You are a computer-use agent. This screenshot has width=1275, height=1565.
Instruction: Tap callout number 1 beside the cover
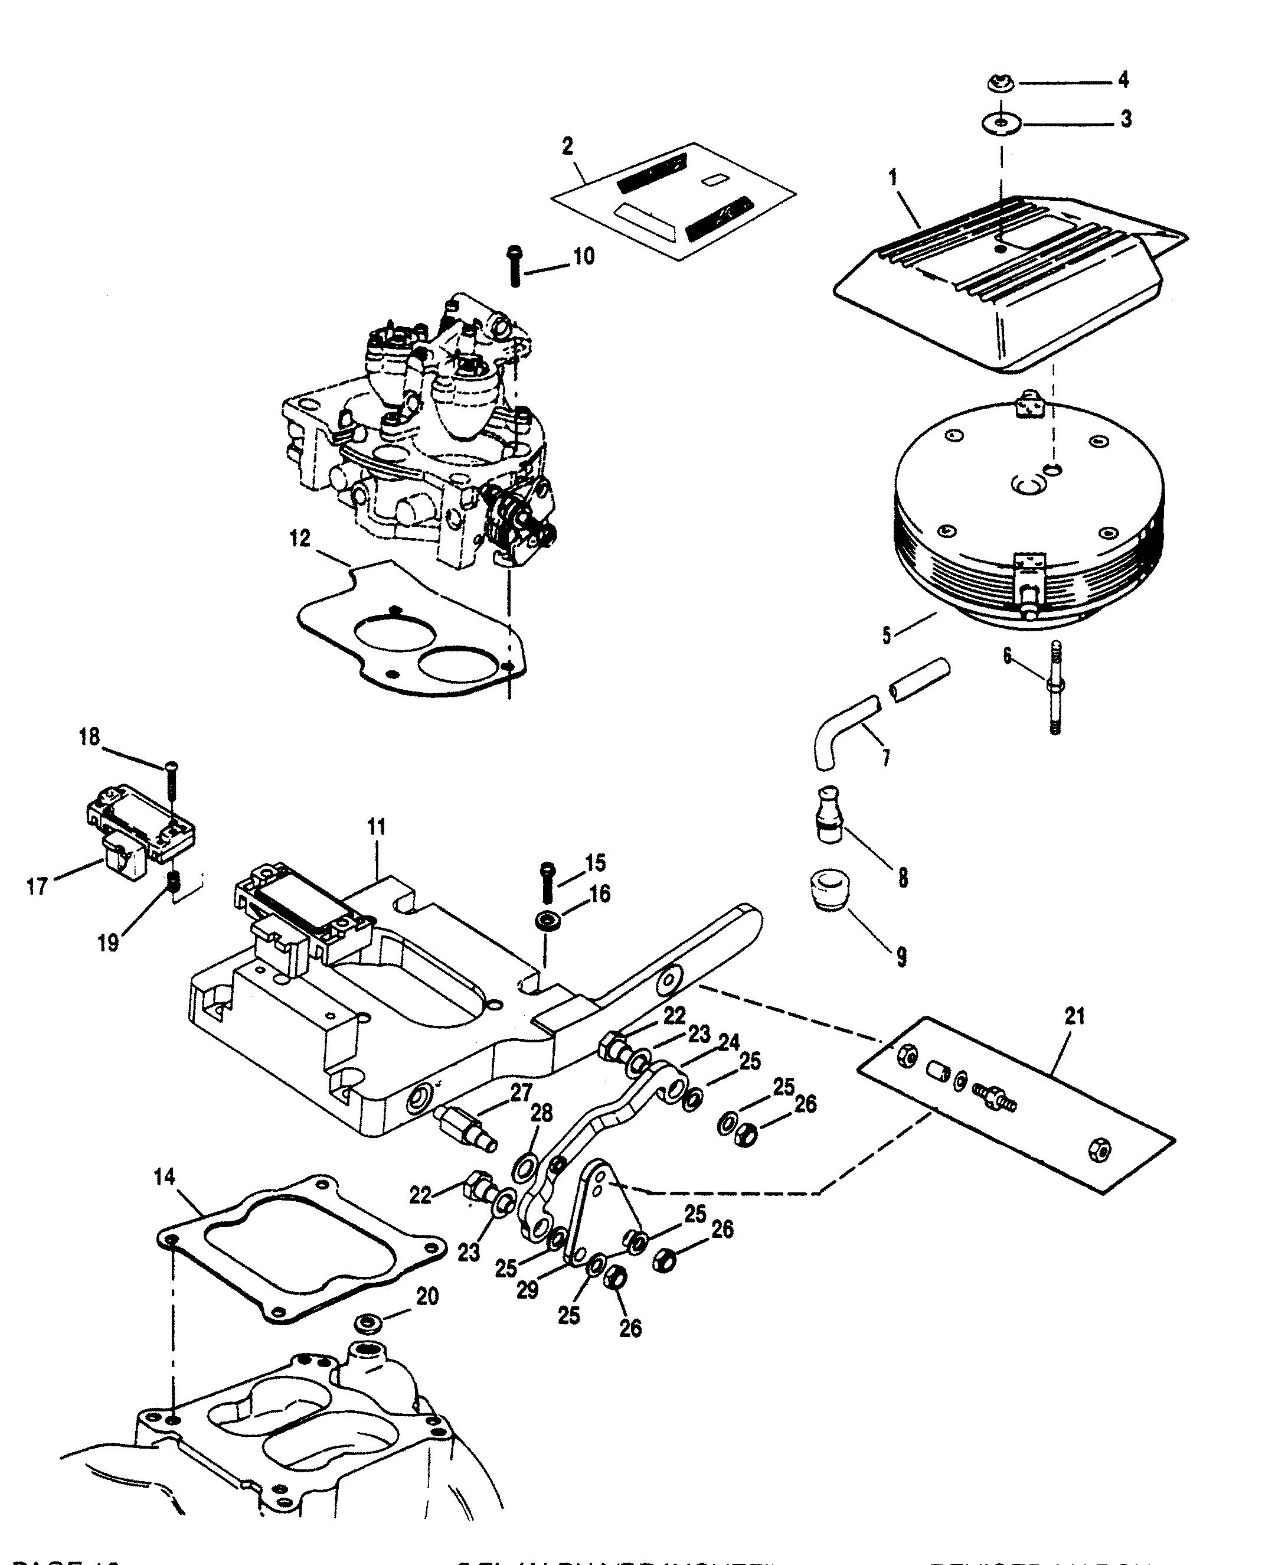tap(893, 177)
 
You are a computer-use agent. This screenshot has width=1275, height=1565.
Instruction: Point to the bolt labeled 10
tap(514, 266)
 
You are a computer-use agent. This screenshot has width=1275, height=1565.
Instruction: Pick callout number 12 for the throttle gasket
tap(300, 539)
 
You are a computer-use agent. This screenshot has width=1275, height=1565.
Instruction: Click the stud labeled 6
tap(1055, 686)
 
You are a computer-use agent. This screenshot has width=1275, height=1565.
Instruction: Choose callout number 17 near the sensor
tap(37, 887)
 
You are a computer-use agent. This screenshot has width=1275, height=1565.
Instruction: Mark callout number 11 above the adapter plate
tap(376, 827)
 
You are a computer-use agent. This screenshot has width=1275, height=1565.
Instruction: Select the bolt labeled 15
tap(547, 882)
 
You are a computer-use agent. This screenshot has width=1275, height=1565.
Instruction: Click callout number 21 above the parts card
tap(1074, 1017)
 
